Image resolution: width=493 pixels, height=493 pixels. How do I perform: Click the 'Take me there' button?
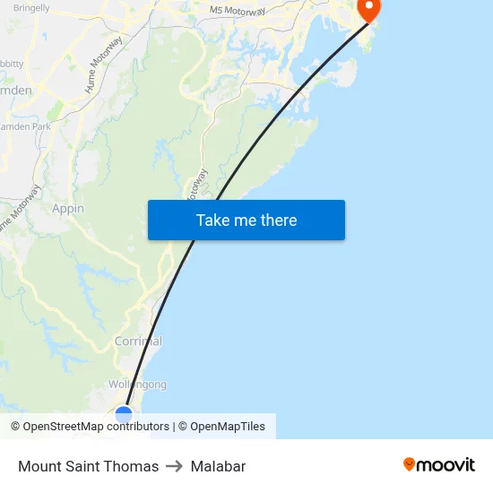246,220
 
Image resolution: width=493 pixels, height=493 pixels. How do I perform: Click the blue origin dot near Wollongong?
124,414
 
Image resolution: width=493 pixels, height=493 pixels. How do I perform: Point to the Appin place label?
68,209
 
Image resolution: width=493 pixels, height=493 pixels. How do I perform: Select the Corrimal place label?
138,342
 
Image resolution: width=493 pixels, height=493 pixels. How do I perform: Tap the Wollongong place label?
137,385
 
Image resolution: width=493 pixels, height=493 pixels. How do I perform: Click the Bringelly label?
31,7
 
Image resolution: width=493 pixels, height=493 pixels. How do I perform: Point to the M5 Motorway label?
238,10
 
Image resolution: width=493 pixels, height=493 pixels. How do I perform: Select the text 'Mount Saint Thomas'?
88,466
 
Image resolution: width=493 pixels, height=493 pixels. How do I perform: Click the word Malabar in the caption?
218,466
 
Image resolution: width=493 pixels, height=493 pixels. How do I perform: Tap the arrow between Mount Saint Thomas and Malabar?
175,466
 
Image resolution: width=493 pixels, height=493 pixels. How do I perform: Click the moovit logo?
438,464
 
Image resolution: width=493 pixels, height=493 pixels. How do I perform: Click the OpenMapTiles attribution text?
228,427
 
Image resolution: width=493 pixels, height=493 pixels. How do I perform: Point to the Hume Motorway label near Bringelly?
103,65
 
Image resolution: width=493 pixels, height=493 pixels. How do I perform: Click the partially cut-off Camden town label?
16,91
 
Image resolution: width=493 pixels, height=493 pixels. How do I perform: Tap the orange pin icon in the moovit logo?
409,464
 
